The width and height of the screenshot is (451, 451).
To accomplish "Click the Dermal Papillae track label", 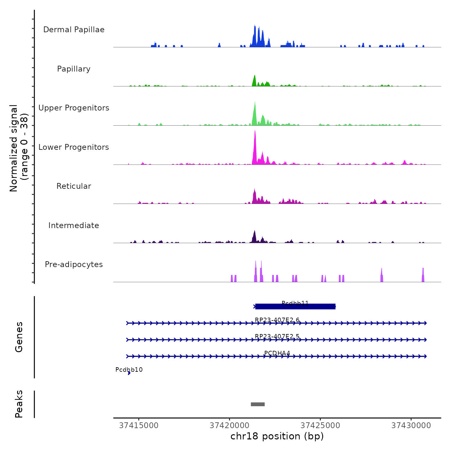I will click(74, 30).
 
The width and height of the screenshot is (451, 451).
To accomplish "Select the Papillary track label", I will click(74, 69).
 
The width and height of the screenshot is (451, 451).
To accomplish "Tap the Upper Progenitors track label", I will click(74, 108).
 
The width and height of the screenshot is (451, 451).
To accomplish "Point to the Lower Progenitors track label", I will click(74, 147).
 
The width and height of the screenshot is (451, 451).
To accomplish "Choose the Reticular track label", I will click(74, 186).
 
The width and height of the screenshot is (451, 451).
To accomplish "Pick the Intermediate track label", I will click(74, 225).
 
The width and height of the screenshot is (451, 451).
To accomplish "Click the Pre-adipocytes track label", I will click(74, 264).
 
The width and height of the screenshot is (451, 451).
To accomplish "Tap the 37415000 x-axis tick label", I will click(139, 426).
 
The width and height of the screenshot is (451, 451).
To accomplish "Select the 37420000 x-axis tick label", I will click(230, 426).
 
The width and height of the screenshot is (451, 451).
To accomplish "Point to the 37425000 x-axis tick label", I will click(321, 426).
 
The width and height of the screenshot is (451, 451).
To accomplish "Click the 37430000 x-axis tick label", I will click(411, 426).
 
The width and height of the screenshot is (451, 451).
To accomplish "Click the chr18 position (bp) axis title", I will click(277, 436).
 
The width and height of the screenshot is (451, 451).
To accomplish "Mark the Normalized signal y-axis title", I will click(19, 148).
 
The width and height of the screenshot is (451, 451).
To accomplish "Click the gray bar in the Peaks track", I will click(258, 404).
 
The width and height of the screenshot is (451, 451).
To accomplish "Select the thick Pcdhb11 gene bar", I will click(295, 306).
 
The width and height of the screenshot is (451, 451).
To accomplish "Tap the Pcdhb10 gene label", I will click(129, 370).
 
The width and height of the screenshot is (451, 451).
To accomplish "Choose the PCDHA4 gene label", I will click(277, 353).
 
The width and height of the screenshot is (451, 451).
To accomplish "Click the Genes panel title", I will click(19, 337).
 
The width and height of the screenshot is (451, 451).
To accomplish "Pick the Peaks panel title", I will click(19, 404).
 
